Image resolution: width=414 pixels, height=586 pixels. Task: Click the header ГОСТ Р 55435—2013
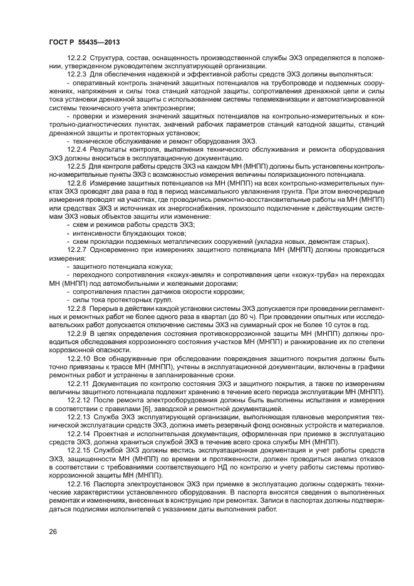click(84, 42)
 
